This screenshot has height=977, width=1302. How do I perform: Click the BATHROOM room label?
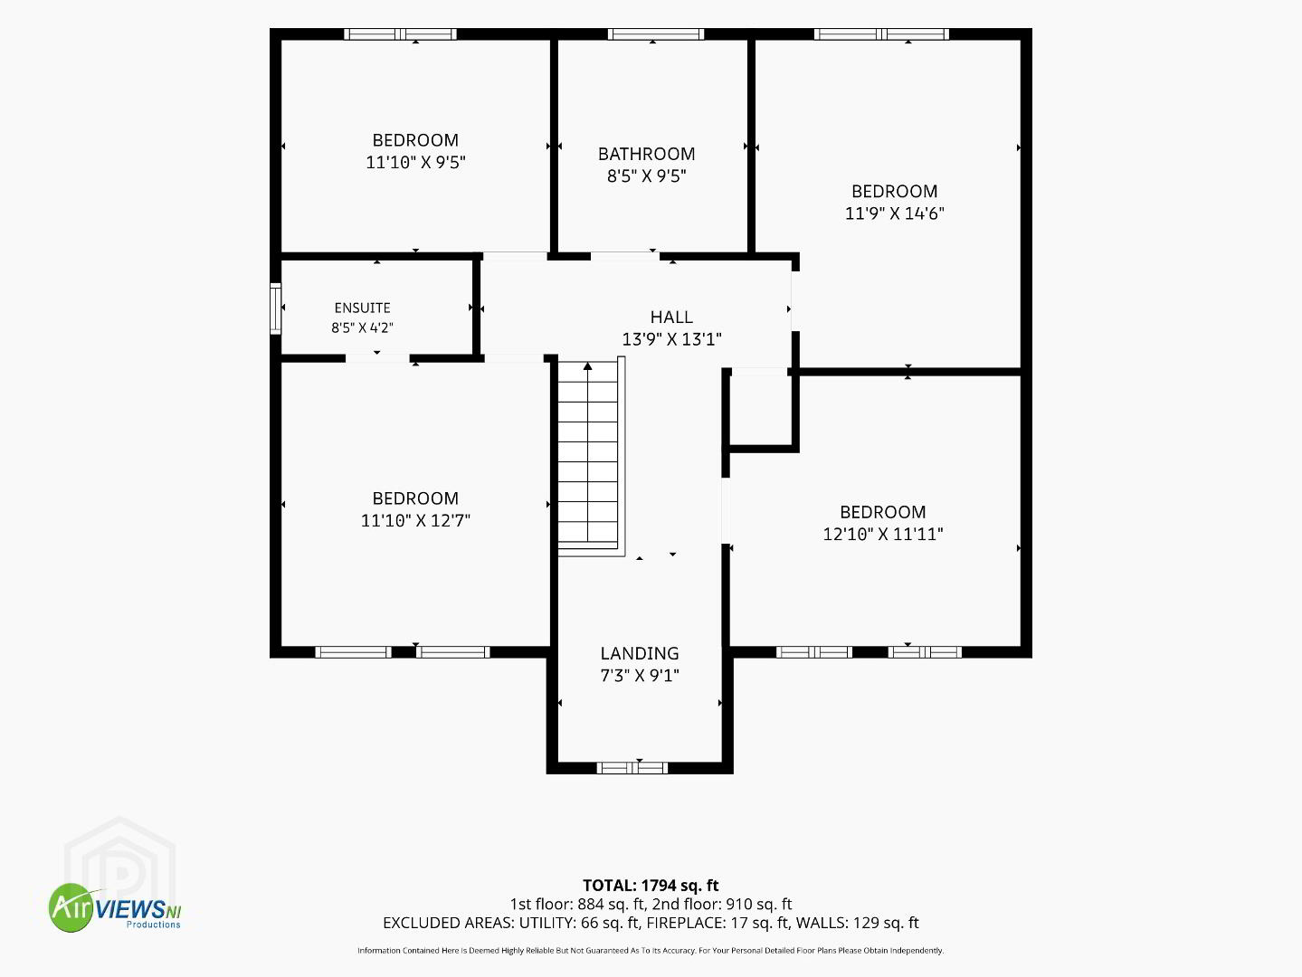[647, 154]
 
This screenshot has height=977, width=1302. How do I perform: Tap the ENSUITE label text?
[363, 308]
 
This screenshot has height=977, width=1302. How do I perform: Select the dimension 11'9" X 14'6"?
[895, 213]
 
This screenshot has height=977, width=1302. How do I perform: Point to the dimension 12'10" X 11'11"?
[883, 534]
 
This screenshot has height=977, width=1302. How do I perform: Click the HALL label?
[671, 318]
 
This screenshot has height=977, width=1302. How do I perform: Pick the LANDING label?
[640, 653]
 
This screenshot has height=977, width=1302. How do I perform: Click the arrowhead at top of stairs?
[588, 366]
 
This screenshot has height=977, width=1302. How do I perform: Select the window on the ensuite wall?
[275, 308]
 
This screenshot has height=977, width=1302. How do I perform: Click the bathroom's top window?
[655, 34]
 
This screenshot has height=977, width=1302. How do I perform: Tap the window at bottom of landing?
[632, 768]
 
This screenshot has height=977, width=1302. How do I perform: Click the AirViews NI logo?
[115, 907]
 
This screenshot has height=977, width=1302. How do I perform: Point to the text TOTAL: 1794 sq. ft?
[651, 885]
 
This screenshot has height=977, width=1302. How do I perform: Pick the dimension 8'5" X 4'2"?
[363, 327]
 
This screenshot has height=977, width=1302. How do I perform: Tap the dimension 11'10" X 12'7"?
[416, 520]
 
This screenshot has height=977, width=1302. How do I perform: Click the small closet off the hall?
[759, 410]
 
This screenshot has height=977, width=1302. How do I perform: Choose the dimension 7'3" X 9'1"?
[640, 676]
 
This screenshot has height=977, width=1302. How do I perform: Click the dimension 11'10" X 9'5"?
[416, 163]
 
